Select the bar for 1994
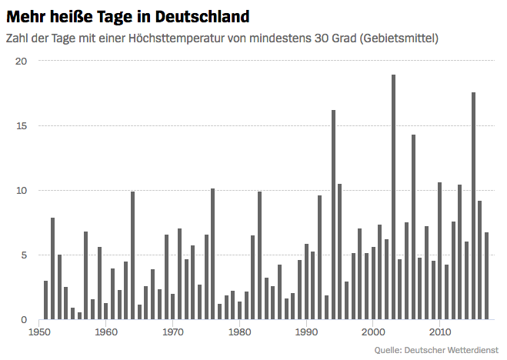[x=333, y=215]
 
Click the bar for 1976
[x=213, y=254]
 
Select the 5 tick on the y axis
[x=24, y=255]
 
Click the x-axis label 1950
[x=39, y=332]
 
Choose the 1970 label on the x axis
[x=173, y=332]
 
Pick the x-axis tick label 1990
[x=306, y=332]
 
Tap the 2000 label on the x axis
[x=373, y=332]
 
